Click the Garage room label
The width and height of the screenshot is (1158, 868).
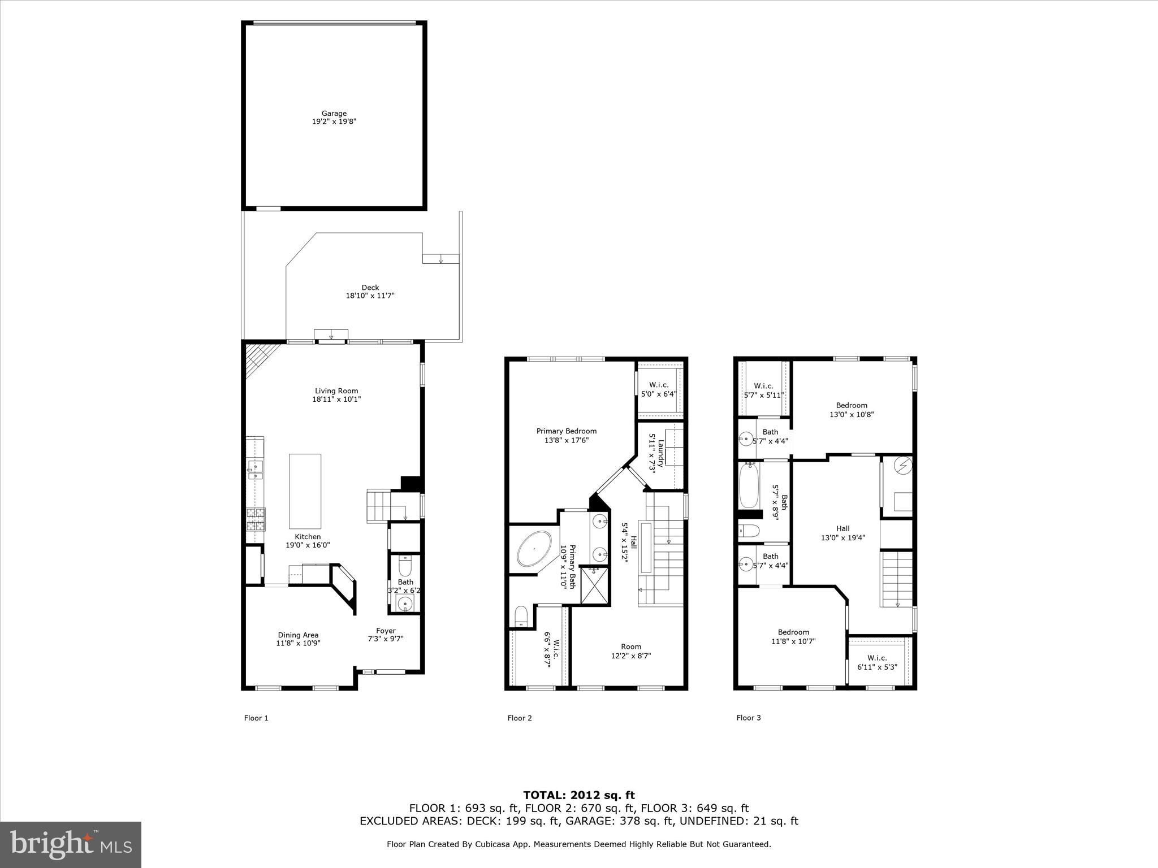pos(334,114)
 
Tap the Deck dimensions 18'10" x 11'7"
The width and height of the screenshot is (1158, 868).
pos(370,296)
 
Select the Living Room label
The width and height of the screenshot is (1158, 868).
pos(336,391)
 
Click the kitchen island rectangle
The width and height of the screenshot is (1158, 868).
pos(305,491)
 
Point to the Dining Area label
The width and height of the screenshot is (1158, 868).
pos(298,635)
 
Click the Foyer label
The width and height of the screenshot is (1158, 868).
pos(386,631)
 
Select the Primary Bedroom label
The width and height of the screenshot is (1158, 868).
pos(566,431)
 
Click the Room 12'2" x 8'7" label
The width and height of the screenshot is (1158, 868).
pos(631,646)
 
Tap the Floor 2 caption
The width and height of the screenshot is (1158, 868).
pos(519,718)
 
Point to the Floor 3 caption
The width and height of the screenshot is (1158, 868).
pos(748,718)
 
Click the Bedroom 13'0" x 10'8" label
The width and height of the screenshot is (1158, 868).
pos(852,405)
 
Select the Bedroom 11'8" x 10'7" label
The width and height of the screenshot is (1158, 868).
pos(793,632)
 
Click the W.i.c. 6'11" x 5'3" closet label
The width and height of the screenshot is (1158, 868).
pos(877,658)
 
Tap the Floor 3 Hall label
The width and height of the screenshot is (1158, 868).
pos(842,529)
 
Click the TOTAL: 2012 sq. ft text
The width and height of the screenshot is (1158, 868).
pos(579,796)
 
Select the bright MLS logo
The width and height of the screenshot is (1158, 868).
pos(71,844)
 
